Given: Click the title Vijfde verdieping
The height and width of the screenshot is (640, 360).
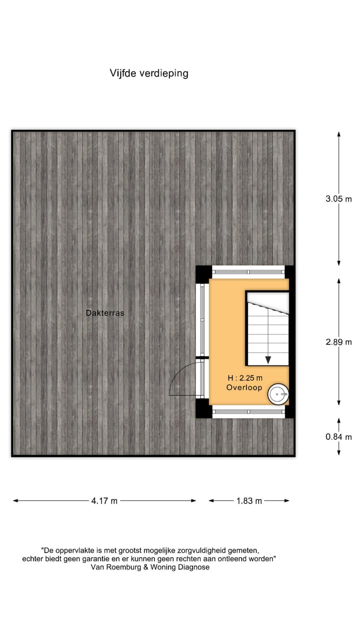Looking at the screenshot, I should [x=149, y=73].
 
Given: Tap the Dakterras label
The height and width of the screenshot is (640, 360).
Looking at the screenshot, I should [x=104, y=313].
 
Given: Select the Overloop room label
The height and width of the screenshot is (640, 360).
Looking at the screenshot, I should [x=244, y=387].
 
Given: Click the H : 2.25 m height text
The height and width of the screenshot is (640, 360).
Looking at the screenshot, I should [x=244, y=378].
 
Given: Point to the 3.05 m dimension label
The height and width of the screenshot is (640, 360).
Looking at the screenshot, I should [x=338, y=198].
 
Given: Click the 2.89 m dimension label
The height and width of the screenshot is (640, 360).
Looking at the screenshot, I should [x=338, y=342].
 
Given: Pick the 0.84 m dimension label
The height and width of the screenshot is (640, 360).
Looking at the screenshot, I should [x=338, y=436].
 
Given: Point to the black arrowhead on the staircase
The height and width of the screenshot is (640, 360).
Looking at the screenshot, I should [x=268, y=359].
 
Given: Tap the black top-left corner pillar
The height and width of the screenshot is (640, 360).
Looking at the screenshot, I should [x=202, y=273].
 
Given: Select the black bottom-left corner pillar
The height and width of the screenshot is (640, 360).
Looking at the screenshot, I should [x=202, y=409].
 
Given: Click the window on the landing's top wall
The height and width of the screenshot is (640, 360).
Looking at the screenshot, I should [x=248, y=271].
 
